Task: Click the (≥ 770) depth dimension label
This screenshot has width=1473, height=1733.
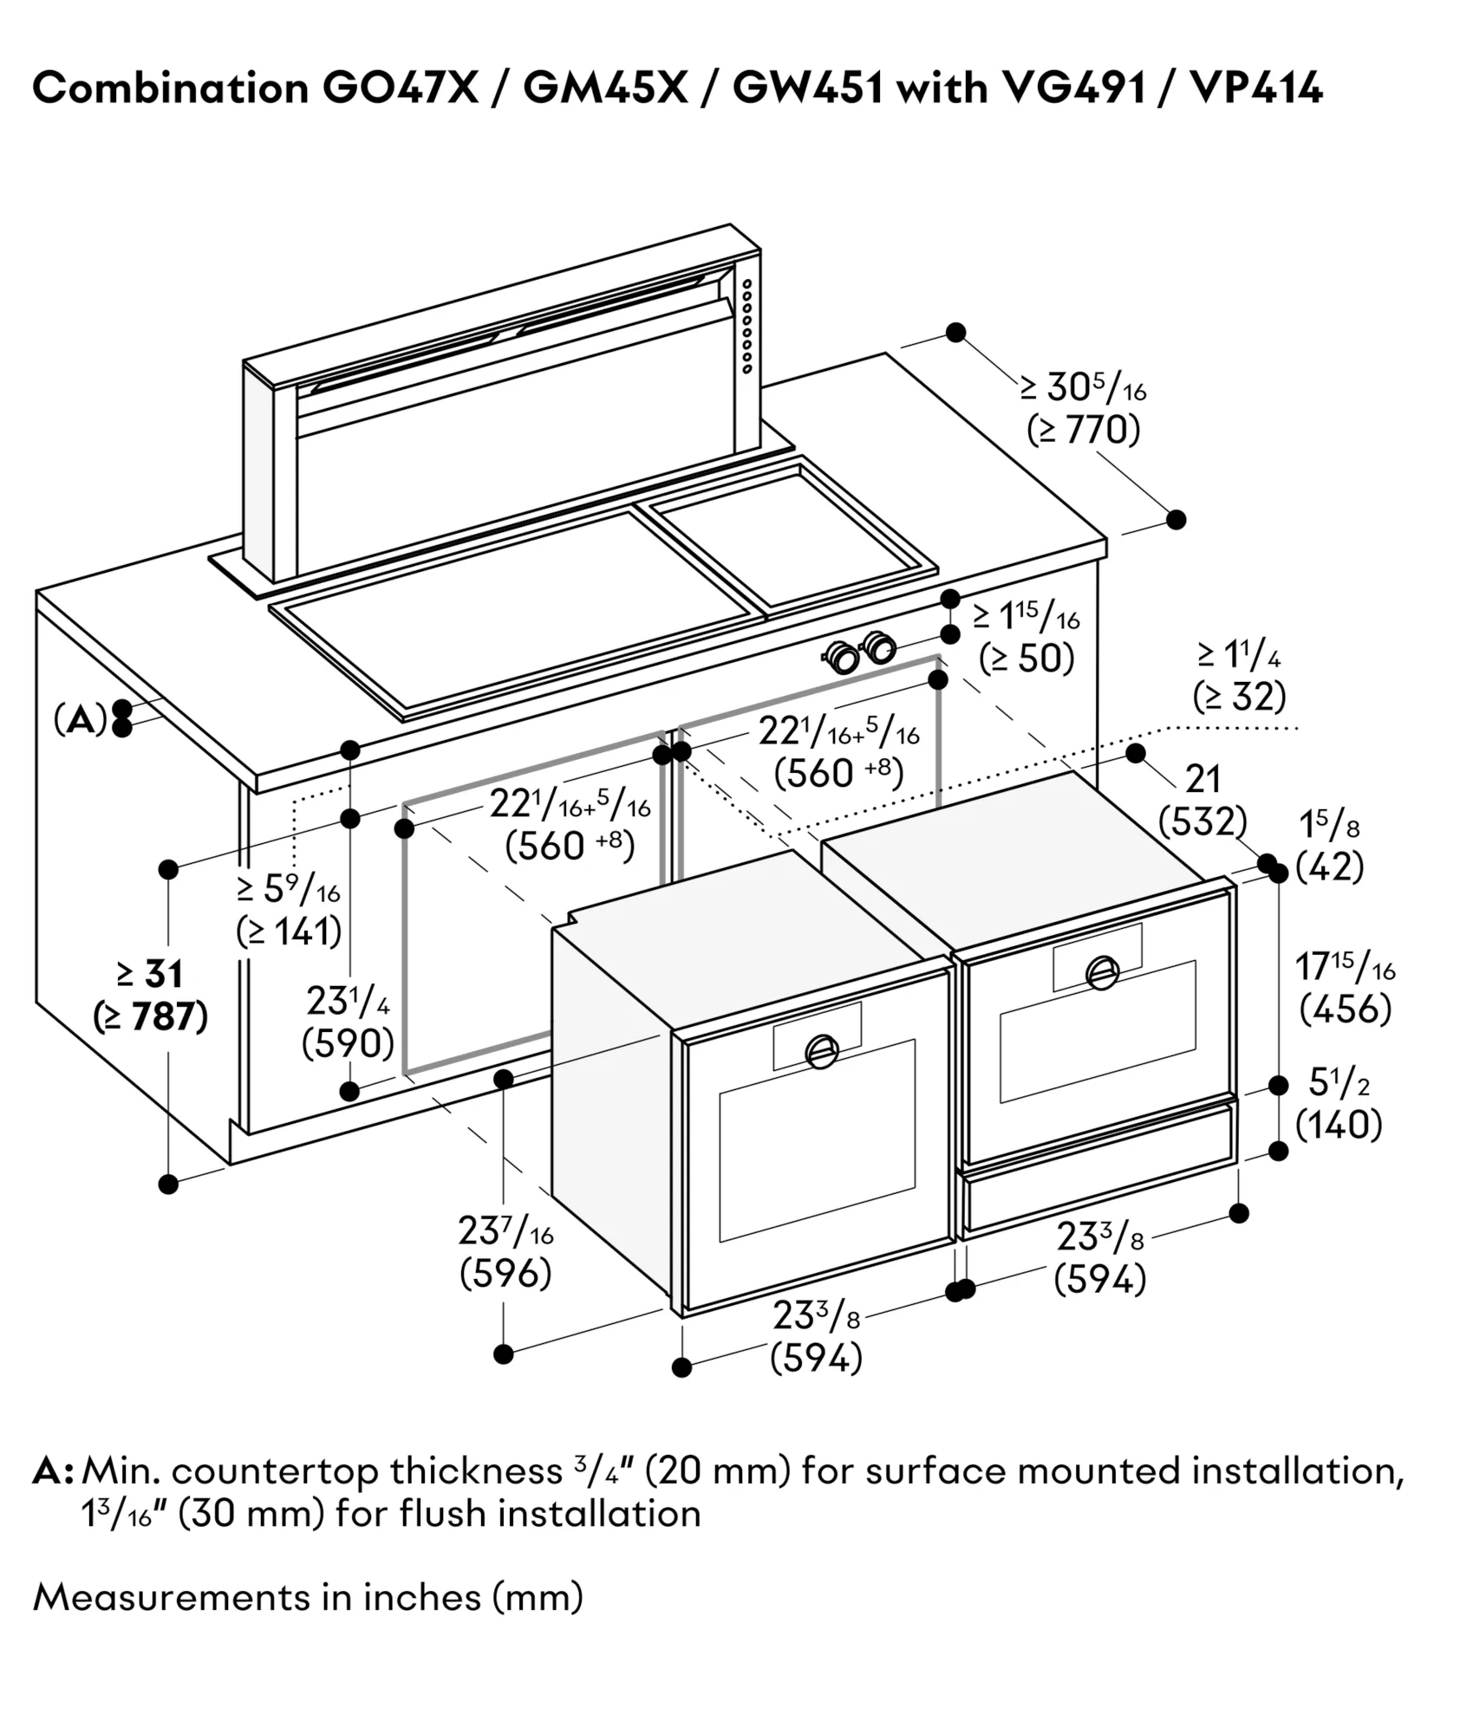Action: [x=1083, y=430]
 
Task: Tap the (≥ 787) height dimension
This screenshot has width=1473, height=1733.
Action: [x=151, y=1017]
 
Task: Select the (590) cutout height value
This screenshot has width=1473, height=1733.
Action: [x=348, y=1043]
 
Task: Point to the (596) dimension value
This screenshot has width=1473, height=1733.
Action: [x=505, y=1273]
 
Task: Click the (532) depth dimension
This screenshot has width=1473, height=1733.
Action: [x=1203, y=821]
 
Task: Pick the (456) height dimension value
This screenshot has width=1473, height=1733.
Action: [x=1346, y=1009]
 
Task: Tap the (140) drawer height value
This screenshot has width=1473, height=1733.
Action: [x=1339, y=1125]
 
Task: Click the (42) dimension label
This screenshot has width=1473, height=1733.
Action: [x=1330, y=866]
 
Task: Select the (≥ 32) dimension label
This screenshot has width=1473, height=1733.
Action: [x=1239, y=696]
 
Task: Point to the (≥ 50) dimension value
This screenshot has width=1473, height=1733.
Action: [x=1027, y=659]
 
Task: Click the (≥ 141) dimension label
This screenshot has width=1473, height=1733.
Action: [x=289, y=931]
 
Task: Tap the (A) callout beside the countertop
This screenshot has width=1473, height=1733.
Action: [x=80, y=718]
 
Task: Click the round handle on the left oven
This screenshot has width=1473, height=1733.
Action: [x=820, y=1051]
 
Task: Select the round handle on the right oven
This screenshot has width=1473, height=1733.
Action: [x=1102, y=972]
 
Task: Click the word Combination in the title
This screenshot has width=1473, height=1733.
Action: [x=171, y=88]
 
